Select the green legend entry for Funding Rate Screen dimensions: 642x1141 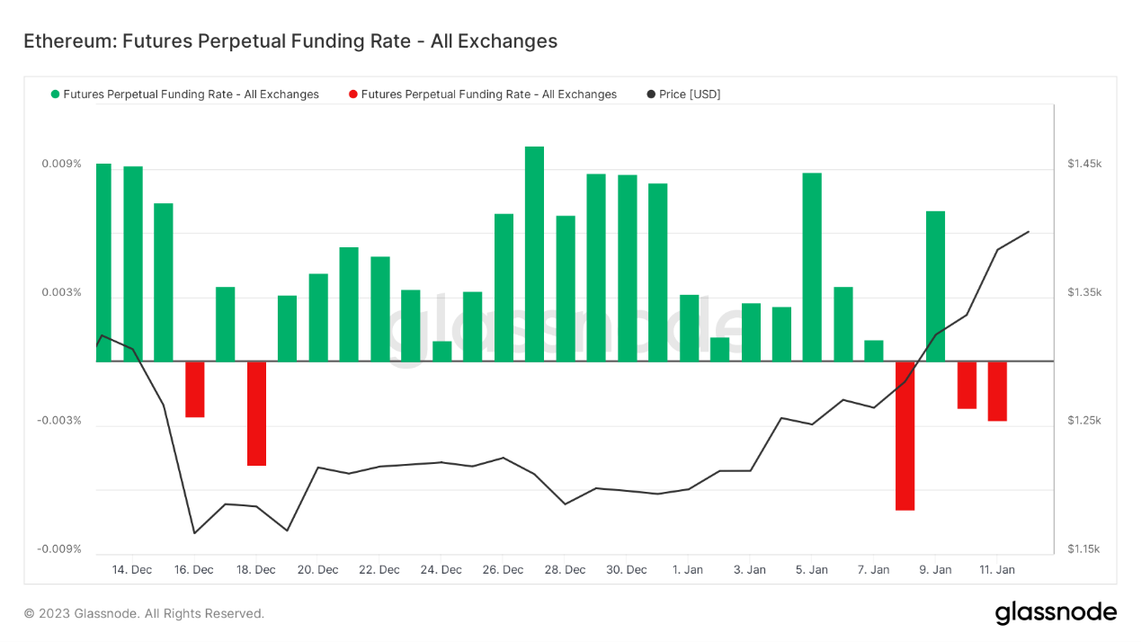185,94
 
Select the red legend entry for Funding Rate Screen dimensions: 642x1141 483,94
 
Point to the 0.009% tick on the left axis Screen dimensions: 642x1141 61,164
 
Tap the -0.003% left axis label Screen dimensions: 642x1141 59,421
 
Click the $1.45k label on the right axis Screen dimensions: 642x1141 1084,164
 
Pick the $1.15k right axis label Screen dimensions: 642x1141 1084,549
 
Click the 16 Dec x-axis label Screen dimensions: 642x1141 194,570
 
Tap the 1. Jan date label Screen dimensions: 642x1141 689,570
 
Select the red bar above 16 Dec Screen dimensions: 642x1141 195,388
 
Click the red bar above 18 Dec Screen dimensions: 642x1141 257,413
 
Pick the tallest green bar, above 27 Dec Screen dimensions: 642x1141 534,254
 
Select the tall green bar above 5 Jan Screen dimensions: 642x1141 812,267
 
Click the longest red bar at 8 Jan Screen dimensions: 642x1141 905,435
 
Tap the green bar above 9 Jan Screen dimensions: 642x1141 935,286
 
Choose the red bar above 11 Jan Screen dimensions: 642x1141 997,390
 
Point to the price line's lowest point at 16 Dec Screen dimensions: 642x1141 194,533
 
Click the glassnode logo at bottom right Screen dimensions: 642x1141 1056,613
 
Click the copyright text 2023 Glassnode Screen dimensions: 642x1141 144,613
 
